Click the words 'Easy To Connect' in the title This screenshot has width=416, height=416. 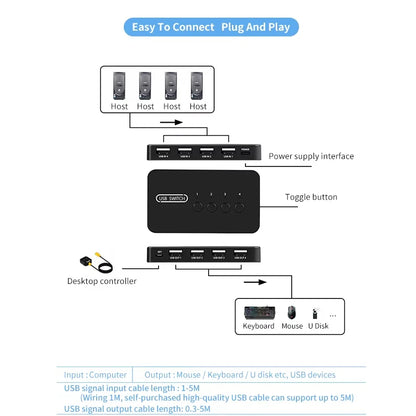tap(175, 26)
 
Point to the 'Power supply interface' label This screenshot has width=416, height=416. tap(310, 156)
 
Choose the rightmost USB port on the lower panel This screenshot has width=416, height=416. tap(240, 255)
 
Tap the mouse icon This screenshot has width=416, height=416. tap(291, 313)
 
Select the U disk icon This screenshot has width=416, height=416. tap(315, 314)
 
